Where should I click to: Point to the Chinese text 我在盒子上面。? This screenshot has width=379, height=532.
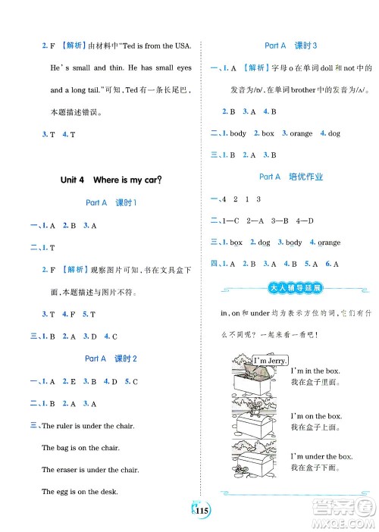click(316, 429)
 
